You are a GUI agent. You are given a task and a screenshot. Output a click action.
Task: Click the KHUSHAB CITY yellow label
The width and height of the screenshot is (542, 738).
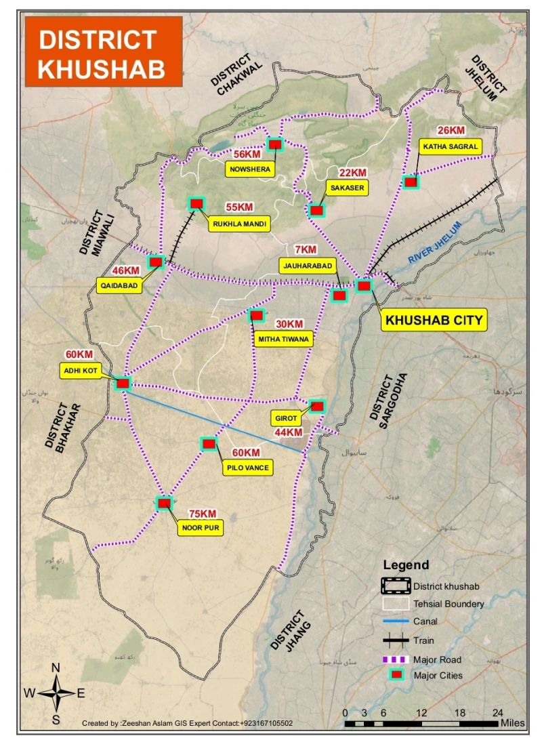click(434, 320)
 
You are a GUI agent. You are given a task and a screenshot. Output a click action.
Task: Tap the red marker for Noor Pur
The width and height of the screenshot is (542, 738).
click(165, 504)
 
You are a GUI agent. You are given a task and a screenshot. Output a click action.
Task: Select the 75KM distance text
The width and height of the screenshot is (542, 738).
click(203, 514)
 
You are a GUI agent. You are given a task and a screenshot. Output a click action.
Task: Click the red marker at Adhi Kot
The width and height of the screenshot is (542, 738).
click(123, 384)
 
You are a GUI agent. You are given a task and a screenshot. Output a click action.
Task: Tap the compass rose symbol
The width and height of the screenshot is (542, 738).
click(56, 693)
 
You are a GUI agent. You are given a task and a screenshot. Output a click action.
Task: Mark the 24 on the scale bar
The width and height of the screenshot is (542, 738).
click(498, 712)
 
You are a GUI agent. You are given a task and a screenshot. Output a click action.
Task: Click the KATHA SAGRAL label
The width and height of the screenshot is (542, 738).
click(451, 146)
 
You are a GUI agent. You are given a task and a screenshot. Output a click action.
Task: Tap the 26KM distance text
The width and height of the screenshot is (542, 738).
click(451, 130)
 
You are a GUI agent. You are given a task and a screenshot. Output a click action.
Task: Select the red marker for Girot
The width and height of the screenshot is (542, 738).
click(316, 406)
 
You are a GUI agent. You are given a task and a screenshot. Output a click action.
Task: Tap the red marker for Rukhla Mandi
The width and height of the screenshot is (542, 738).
click(196, 203)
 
